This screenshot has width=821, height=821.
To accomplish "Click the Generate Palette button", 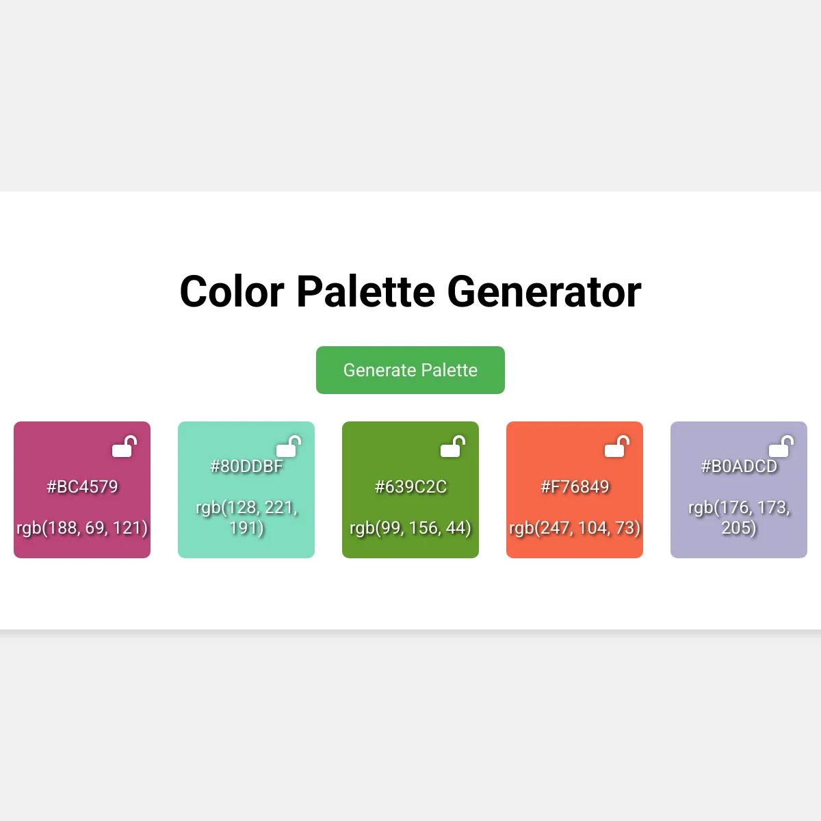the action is [410, 370].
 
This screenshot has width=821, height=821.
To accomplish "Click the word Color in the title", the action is [232, 292].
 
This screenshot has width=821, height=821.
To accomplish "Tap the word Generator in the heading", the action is [544, 292].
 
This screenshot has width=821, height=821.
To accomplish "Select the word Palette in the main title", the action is [365, 292].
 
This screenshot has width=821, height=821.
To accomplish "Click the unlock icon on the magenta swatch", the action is [125, 446].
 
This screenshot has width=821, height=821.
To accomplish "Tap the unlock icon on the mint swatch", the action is [289, 446].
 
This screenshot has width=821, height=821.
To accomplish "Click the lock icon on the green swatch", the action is [453, 446].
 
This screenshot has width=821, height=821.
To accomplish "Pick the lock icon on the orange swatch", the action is [617, 446].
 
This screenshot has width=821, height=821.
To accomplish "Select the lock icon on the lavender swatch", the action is [781, 446].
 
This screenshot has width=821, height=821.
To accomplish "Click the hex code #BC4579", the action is [82, 486].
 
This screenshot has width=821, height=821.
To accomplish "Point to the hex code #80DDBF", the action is [246, 466].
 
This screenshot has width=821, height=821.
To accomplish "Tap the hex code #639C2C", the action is [410, 486].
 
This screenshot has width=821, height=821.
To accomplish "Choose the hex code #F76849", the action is [575, 486].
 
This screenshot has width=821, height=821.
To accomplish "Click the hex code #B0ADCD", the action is [739, 466].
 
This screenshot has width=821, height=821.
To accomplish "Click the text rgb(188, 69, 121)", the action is [82, 528].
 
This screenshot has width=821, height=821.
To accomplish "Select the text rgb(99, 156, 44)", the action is [410, 528].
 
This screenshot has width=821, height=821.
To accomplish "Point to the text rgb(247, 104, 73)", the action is [575, 528].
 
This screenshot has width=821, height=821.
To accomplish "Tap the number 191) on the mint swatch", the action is [246, 528].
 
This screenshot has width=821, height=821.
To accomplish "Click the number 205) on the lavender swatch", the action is [739, 528].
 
